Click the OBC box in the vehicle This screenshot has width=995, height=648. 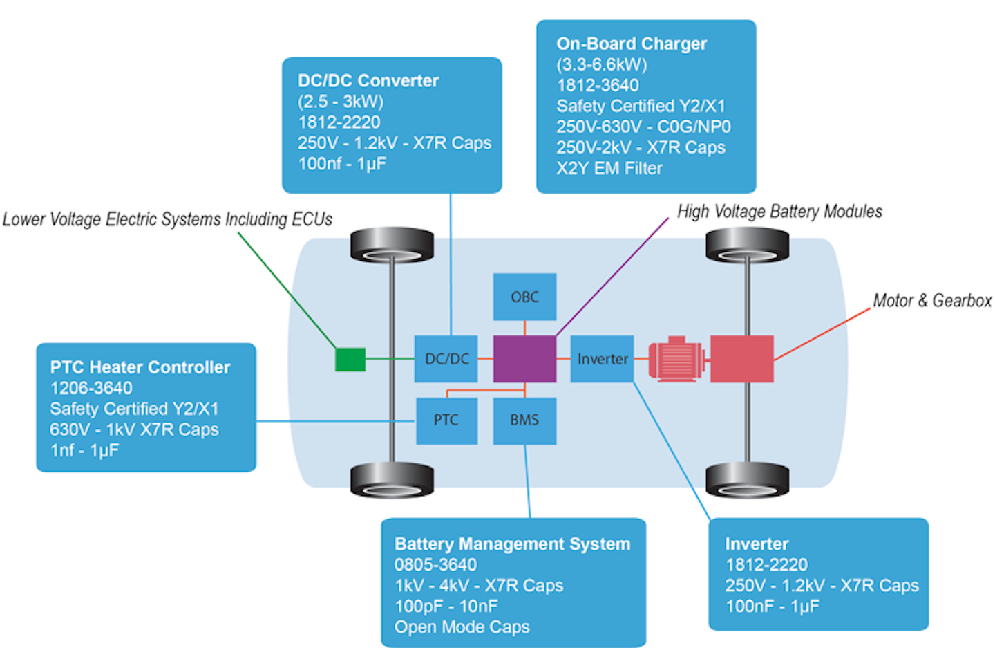click(524, 297)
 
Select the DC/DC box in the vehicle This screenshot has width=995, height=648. click(446, 358)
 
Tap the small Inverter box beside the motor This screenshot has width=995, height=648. click(602, 358)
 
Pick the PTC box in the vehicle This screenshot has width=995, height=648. click(446, 420)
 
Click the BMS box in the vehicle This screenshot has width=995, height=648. click(524, 420)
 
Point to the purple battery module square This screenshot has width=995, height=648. click(524, 358)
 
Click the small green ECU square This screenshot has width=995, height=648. click(350, 359)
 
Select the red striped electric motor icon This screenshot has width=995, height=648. click(676, 359)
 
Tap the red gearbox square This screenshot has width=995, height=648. click(741, 358)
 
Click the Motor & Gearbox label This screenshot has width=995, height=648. click(932, 301)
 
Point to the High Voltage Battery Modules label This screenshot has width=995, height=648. click(779, 212)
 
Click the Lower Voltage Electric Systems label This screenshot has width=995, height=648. click(167, 219)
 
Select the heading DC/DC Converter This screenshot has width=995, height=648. click(368, 81)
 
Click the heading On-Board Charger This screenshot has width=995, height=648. click(632, 44)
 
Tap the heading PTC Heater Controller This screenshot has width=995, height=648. click(140, 367)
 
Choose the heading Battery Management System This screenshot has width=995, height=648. click(512, 544)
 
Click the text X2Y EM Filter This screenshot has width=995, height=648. click(609, 168)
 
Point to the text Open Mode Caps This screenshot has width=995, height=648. click(462, 627)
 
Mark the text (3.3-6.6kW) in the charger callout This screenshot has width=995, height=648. click(602, 64)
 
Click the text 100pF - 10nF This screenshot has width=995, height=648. click(446, 607)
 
